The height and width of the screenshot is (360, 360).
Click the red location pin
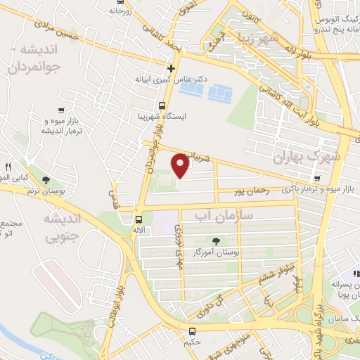tap(181, 166)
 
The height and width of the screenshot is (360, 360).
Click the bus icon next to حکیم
tap(193, 330)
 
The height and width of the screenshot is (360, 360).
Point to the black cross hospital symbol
tap(171, 68)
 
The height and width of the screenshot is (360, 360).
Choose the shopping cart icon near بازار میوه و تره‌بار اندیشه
tap(63, 110)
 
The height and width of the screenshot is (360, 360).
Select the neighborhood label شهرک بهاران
tap(309, 157)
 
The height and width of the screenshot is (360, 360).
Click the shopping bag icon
tap(356, 273)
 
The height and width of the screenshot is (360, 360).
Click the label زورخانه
tap(120, 11)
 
